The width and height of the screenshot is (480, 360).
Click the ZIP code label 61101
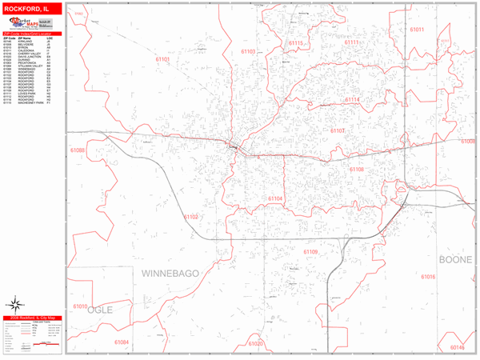(163, 59)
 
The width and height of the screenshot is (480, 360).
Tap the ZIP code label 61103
(248, 51)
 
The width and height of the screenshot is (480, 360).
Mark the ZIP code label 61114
(352, 100)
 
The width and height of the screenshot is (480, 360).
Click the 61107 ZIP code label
(338, 130)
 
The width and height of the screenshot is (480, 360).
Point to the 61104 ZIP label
(275, 198)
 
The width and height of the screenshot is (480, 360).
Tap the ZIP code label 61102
(190, 216)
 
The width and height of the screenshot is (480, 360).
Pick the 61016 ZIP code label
(428, 277)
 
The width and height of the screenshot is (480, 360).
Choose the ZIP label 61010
(81, 306)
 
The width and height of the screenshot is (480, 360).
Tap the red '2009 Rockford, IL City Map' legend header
(30, 318)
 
